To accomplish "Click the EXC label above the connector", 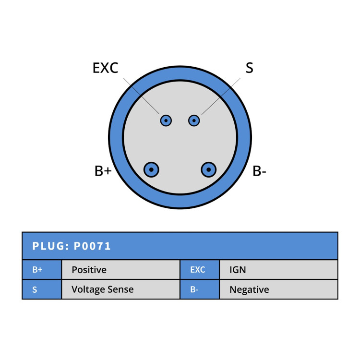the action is (x=106, y=68).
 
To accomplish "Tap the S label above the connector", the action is (x=249, y=68).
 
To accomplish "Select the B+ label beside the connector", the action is (x=103, y=171).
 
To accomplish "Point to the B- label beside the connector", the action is (x=259, y=171).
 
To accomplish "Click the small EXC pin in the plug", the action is (x=166, y=120).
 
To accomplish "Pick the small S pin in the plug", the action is (x=194, y=120).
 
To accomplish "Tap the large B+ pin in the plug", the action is (x=151, y=169).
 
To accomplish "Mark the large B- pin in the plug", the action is (x=208, y=169).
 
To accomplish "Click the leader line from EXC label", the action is (x=141, y=96).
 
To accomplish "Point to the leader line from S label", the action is (x=221, y=96).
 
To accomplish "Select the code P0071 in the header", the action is (x=92, y=246).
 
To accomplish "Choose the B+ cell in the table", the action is (x=42, y=270).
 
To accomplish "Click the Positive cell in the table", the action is (x=121, y=270).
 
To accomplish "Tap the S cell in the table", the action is (x=42, y=289).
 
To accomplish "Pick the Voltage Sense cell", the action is (x=121, y=289).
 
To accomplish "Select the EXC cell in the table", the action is (x=200, y=270).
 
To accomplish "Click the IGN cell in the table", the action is (x=279, y=270).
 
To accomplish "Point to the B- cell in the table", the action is (x=200, y=289).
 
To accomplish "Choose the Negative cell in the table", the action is (x=279, y=289).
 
